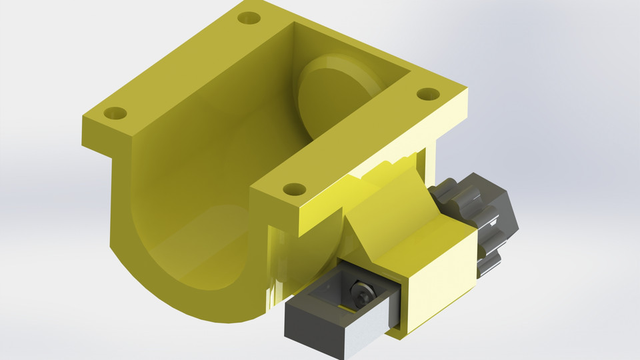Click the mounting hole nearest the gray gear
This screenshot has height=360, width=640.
coord(427,93)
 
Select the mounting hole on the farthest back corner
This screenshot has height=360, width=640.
coord(250,17)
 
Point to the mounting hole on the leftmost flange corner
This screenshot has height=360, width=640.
coord(115,113)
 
